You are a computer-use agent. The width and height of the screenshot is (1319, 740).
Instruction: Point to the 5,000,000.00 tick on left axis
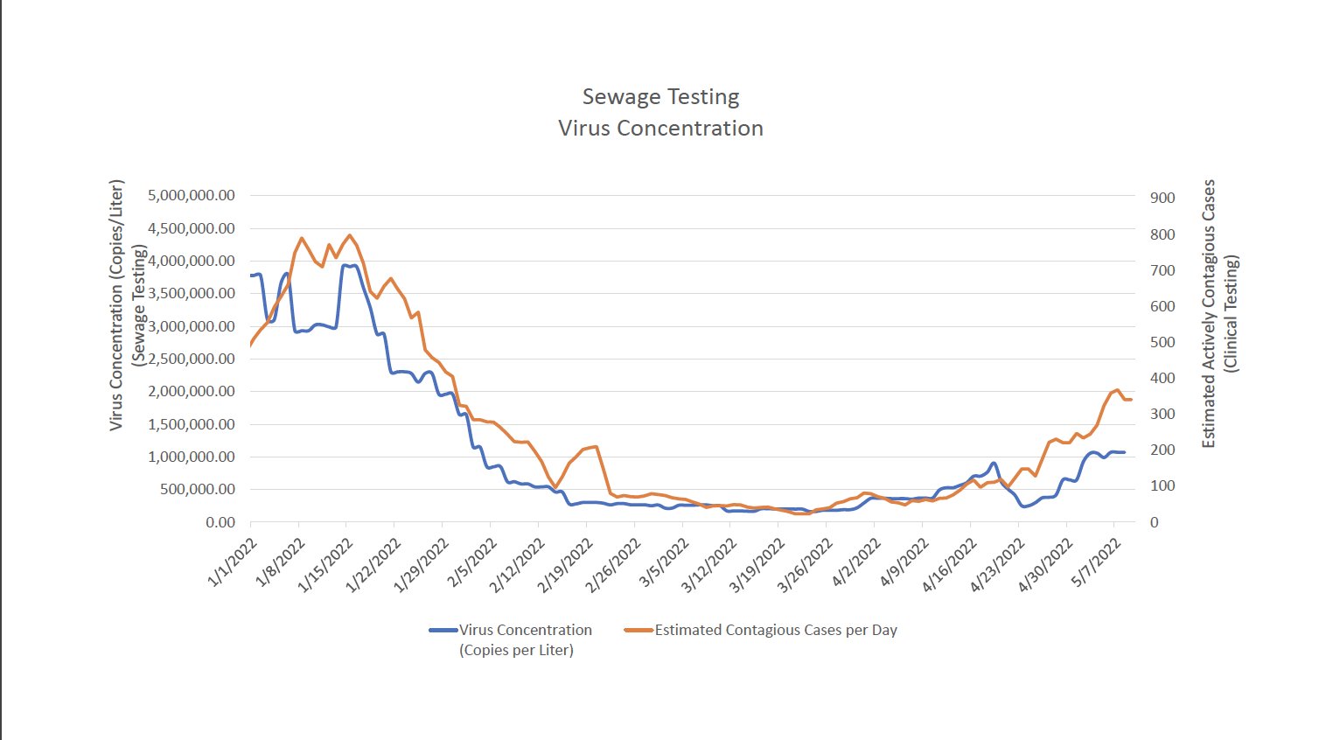[192, 195]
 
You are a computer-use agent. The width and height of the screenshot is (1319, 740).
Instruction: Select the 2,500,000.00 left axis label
[192, 359]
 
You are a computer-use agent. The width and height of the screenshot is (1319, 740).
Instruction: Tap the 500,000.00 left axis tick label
[198, 489]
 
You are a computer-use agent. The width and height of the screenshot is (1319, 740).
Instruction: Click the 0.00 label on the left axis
[220, 522]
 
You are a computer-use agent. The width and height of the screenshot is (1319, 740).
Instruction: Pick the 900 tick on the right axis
[1162, 198]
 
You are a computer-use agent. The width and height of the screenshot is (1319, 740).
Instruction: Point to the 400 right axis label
[1162, 378]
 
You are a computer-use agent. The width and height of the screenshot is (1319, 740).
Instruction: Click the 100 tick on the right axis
[1162, 485]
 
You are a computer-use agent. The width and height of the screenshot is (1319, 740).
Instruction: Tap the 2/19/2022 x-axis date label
[566, 565]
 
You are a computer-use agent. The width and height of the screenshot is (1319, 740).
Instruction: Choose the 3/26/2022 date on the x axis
[806, 565]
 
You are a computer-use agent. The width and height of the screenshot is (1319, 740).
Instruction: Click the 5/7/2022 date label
[1097, 562]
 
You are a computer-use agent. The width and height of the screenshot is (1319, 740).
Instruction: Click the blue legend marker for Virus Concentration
[443, 630]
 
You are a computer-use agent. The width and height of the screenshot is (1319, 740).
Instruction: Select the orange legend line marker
[639, 630]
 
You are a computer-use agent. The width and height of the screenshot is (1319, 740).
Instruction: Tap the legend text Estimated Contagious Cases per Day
[776, 630]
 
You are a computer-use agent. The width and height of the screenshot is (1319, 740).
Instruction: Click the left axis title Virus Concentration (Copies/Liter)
[116, 304]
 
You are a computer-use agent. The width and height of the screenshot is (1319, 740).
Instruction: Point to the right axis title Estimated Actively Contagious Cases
[1209, 313]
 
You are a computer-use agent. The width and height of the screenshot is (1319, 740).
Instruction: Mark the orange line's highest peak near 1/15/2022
[350, 234]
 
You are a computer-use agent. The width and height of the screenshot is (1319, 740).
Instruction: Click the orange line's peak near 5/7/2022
[1118, 390]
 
